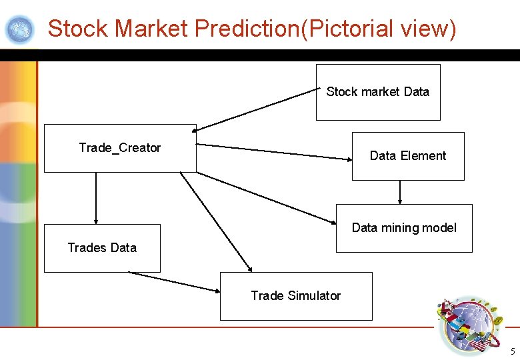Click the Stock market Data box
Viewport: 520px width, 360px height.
click(x=377, y=92)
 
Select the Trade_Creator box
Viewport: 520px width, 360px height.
click(x=120, y=148)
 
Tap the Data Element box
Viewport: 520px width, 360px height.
click(x=408, y=156)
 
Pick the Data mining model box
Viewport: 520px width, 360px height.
click(x=404, y=228)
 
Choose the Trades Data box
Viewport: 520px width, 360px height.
click(x=102, y=248)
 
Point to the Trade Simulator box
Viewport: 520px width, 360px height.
click(x=296, y=296)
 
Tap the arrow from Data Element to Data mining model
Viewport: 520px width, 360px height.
click(x=400, y=192)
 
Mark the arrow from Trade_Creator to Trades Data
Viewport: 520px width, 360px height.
click(x=96, y=198)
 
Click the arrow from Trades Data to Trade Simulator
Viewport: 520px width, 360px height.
click(x=175, y=282)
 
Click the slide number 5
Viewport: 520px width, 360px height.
click(x=512, y=351)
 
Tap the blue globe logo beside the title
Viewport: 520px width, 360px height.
click(x=19, y=29)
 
